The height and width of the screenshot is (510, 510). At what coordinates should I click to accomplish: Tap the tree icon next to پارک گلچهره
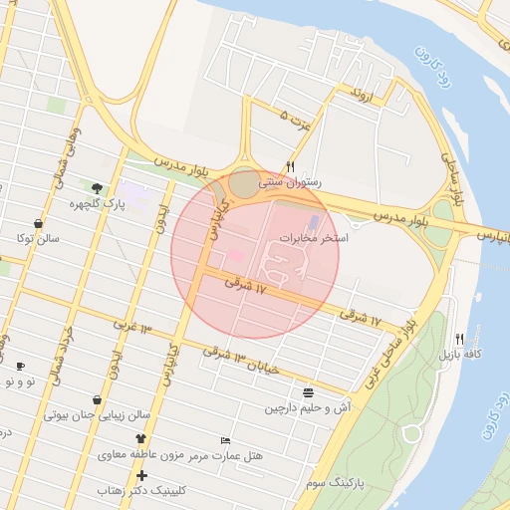(x=97, y=187)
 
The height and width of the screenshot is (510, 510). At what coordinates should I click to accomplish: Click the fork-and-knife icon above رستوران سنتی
(x=291, y=166)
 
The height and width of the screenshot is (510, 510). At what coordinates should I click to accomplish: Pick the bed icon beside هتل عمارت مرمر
(x=226, y=439)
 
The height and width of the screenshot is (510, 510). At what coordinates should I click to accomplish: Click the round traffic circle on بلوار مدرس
(x=244, y=184)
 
